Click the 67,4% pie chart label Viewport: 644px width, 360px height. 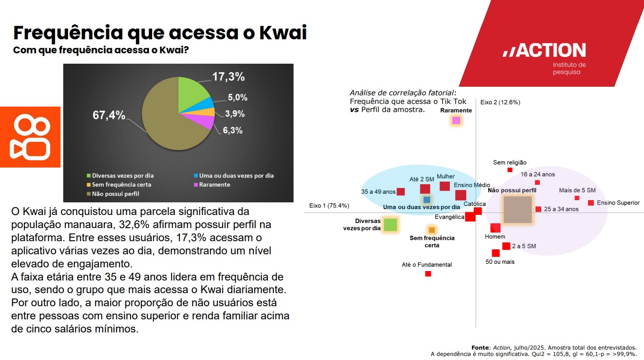tap(109, 115)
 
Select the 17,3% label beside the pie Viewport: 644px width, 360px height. tap(229, 77)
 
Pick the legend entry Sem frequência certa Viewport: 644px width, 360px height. tap(121, 185)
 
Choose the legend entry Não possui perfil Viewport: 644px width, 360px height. tap(115, 194)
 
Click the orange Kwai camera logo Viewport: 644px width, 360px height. tap(30, 137)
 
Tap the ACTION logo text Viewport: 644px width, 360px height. tap(544, 51)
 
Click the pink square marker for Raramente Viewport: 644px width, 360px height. tap(456, 120)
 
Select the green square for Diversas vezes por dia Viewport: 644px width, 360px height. tap(390, 224)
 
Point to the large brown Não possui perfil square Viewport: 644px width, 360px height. tap(518, 210)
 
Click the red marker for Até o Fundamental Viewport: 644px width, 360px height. tap(428, 274)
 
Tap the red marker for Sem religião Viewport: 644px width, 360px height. tap(510, 170)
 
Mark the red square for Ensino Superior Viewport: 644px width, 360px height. tap(591, 203)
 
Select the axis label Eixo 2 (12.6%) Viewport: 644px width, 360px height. tap(500, 102)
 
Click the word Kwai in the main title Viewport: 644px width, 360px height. tap(282, 33)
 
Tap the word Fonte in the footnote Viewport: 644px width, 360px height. tap(480, 347)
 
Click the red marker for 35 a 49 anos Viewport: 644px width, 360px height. tap(401, 192)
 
